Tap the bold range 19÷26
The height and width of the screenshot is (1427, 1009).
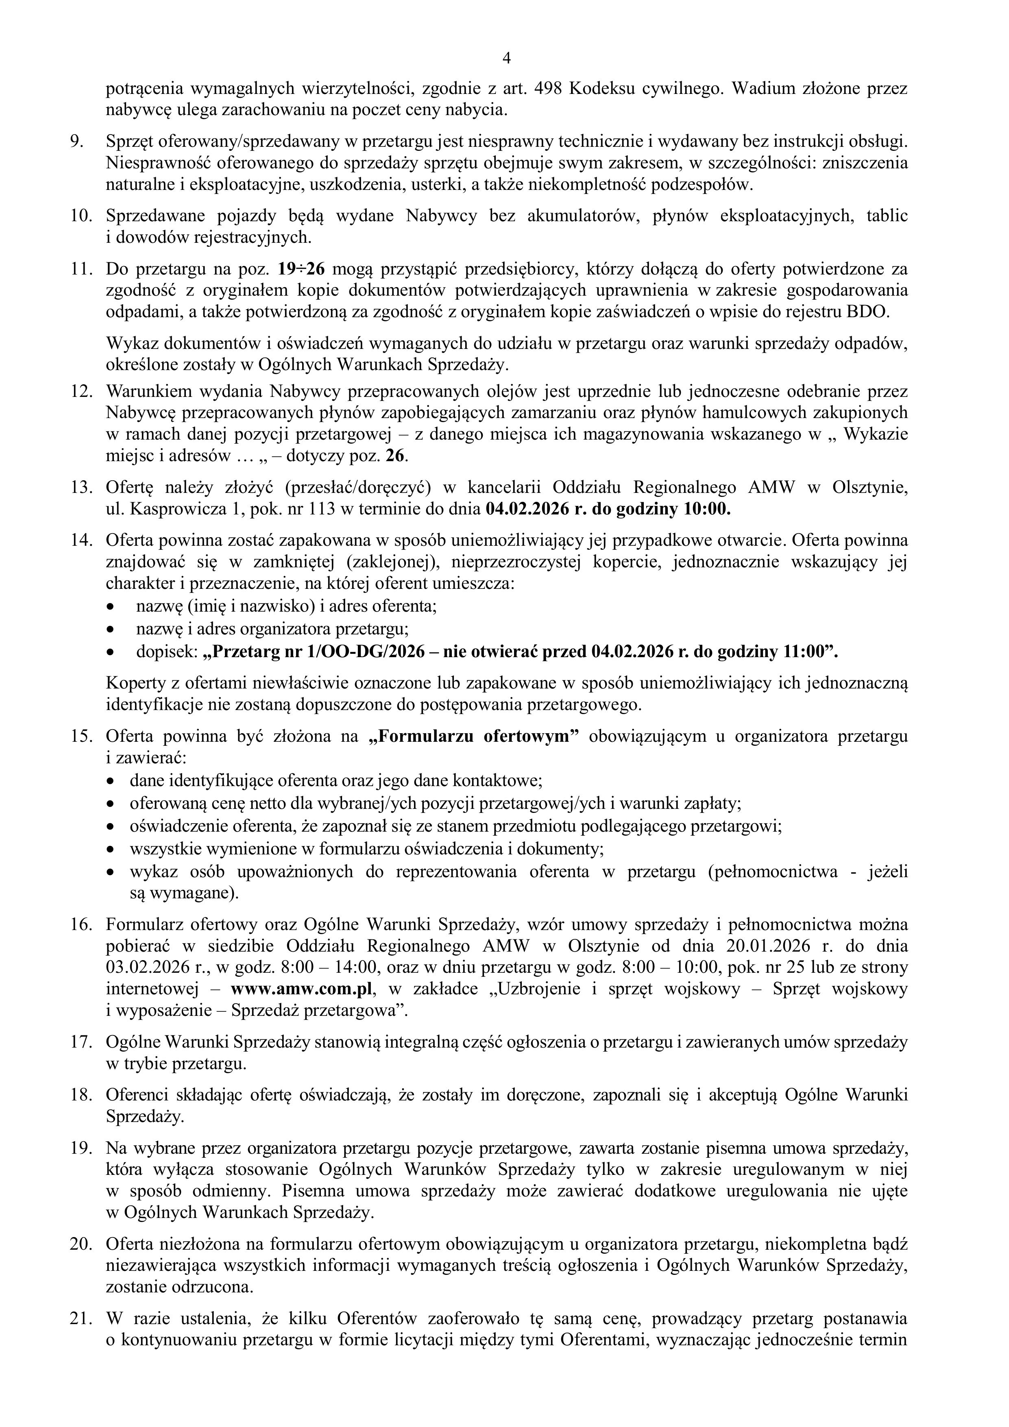pyautogui.click(x=301, y=269)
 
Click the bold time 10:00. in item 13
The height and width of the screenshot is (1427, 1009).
pyautogui.click(x=707, y=509)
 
